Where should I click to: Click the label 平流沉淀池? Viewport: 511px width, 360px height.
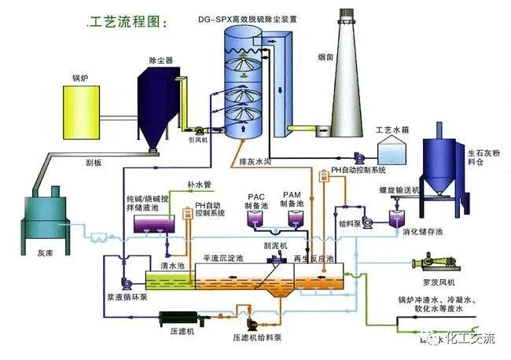[x=222, y=258]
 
